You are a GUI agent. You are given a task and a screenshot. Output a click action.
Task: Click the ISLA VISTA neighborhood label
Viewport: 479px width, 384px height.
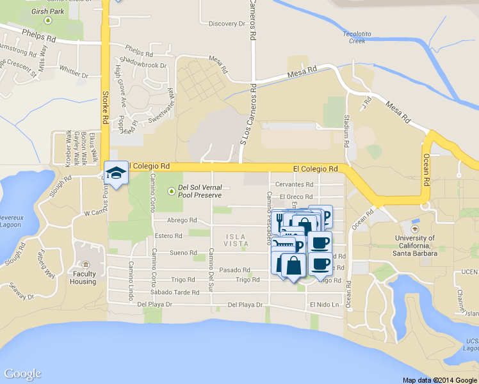tap(236, 240)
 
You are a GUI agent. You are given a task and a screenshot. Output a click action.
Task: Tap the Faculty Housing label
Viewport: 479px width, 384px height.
tap(83, 278)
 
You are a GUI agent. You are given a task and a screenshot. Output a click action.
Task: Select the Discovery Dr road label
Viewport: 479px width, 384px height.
tap(227, 24)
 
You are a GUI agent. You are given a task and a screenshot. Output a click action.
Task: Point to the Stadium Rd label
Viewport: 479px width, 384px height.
tap(346, 129)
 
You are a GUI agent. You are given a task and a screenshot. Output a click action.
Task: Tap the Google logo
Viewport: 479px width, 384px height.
tap(22, 374)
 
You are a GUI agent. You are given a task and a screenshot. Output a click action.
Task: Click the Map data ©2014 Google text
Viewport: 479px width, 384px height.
tap(439, 380)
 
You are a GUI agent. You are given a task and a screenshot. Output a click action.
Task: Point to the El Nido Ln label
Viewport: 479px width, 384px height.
tap(324, 305)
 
